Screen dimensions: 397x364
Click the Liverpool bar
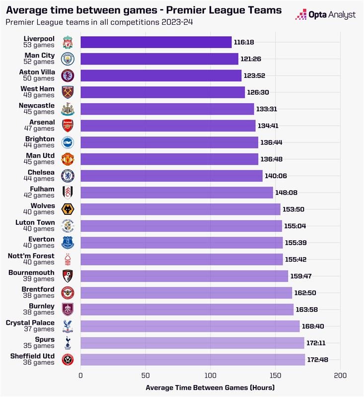156,42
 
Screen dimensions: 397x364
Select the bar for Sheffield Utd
193,360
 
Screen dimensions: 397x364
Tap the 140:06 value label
276,176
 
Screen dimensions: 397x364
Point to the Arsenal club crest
67,126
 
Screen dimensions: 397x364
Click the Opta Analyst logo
325,14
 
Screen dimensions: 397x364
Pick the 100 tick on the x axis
211,376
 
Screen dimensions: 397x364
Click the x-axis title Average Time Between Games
210,387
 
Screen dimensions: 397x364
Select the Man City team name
40,56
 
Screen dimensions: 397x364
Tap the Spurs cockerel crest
67,343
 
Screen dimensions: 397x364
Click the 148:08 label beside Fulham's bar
286,193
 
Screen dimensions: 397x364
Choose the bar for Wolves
180,209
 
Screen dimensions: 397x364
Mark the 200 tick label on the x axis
340,376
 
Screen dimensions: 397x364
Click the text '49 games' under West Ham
39,95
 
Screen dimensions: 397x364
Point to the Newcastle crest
67,109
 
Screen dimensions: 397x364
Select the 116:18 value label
244,42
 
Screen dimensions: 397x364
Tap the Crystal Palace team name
30,323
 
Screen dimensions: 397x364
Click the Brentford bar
186,293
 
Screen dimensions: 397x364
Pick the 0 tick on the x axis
80,376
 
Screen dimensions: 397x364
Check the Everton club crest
67,243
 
